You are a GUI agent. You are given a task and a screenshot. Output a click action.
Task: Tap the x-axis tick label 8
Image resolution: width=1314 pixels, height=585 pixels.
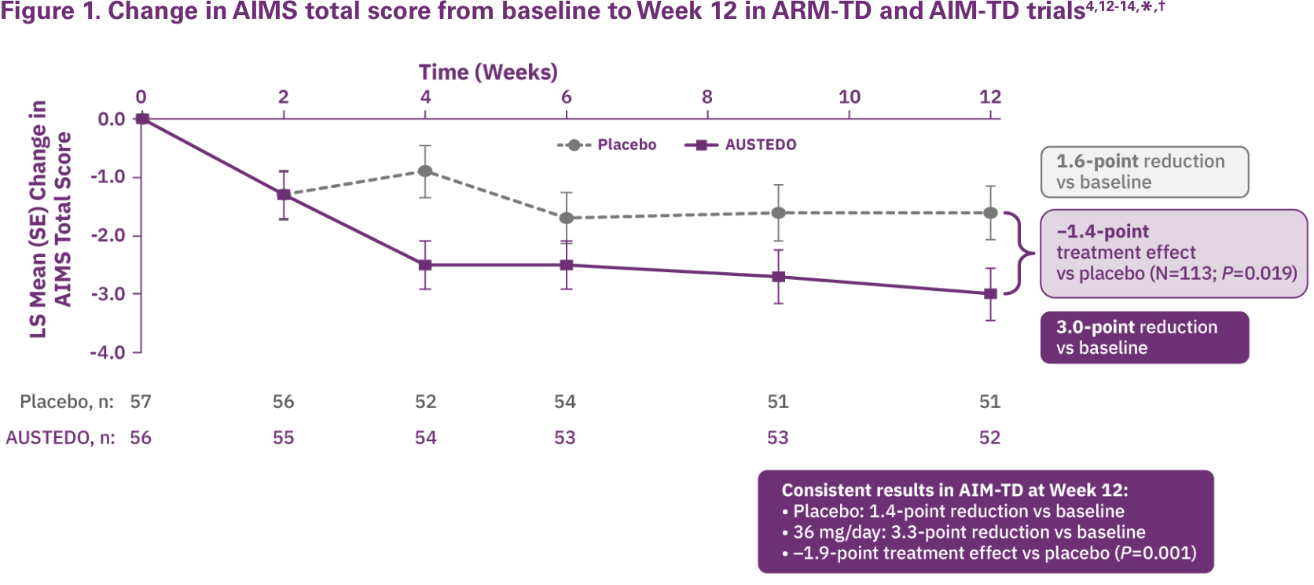tap(707, 97)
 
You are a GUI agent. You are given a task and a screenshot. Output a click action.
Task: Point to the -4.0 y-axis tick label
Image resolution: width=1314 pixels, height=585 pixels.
tap(108, 352)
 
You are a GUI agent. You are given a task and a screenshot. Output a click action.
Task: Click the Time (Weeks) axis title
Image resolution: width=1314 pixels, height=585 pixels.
tap(488, 72)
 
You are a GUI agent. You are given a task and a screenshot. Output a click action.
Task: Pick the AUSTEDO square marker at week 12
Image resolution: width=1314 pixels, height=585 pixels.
tap(991, 293)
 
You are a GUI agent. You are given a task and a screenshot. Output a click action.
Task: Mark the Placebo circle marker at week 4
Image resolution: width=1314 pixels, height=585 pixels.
tap(425, 171)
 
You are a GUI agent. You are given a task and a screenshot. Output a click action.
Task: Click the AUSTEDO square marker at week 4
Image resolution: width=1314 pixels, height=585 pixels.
tap(425, 265)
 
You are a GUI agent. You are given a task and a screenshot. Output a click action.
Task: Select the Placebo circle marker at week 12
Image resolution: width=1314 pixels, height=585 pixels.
tap(991, 212)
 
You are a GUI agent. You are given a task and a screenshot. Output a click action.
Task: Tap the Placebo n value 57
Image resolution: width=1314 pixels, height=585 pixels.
tap(141, 402)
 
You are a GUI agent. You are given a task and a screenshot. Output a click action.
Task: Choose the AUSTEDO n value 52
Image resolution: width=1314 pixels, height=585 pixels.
tap(990, 438)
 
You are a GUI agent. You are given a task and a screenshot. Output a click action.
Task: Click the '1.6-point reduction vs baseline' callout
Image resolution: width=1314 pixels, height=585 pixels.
tap(1144, 171)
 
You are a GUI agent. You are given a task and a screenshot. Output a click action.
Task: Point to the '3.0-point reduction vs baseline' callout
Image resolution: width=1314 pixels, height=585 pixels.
tap(1144, 337)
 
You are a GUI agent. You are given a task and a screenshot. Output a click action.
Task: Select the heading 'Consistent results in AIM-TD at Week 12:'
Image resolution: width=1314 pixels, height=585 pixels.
tap(954, 490)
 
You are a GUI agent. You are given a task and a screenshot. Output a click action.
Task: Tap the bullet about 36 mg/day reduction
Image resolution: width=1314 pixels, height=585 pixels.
tap(968, 532)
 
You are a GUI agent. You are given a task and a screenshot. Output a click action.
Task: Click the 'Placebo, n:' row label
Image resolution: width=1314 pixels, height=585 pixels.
tap(67, 402)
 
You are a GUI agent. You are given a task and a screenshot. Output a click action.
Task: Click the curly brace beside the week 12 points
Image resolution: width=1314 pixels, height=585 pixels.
tap(1022, 253)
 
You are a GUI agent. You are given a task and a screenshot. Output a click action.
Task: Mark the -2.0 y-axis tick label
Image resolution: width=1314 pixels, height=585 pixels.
tap(108, 236)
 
